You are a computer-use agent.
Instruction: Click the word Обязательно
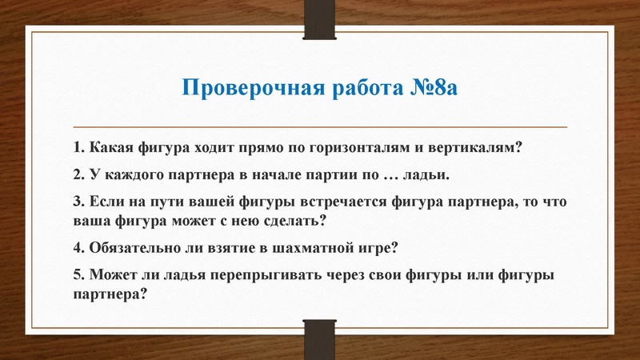click(x=126, y=246)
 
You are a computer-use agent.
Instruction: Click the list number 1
click(x=76, y=148)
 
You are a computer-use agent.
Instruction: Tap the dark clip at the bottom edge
click(x=319, y=339)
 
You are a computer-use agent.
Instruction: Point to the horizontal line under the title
click(x=319, y=126)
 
